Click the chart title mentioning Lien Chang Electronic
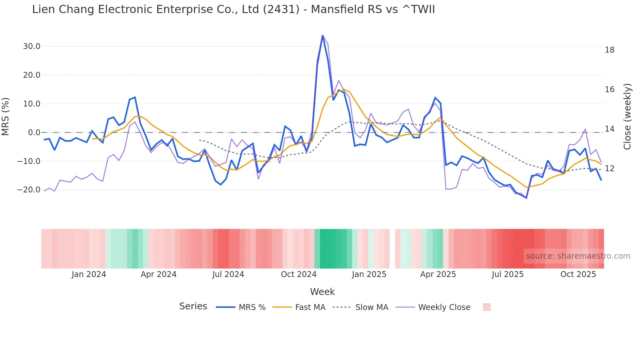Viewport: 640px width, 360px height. coord(233,9)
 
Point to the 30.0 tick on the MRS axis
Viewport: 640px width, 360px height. coord(32,46)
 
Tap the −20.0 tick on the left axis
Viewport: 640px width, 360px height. coord(29,190)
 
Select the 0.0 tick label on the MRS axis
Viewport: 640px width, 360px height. coord(34,133)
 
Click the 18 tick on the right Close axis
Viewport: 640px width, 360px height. coord(609,50)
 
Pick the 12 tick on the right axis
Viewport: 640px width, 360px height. coord(609,169)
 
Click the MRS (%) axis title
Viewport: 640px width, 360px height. coord(6,116)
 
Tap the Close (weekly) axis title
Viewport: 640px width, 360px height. coord(627,116)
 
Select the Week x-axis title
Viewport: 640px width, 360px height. coord(322,292)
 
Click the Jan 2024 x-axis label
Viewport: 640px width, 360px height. coord(89,274)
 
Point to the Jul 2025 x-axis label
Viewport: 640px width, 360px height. coord(507,274)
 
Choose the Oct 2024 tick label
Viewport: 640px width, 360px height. coord(298,274)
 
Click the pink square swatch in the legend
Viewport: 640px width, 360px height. coord(487,307)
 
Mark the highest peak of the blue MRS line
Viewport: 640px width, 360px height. coord(323,36)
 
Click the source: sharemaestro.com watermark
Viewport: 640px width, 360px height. coord(578,256)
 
